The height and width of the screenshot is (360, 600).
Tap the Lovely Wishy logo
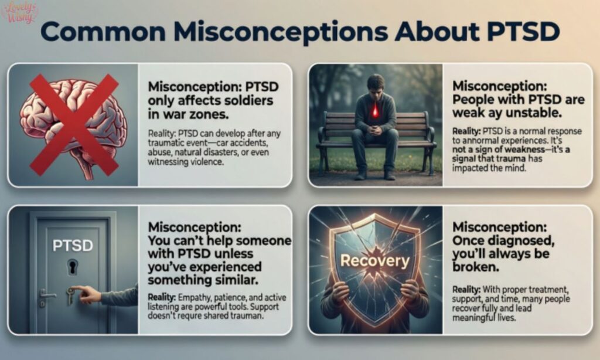[x=20, y=12]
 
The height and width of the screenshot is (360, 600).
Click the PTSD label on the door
[x=73, y=245]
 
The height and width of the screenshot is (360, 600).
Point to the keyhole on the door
[x=73, y=267]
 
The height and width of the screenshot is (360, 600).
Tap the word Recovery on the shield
[x=374, y=259]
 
